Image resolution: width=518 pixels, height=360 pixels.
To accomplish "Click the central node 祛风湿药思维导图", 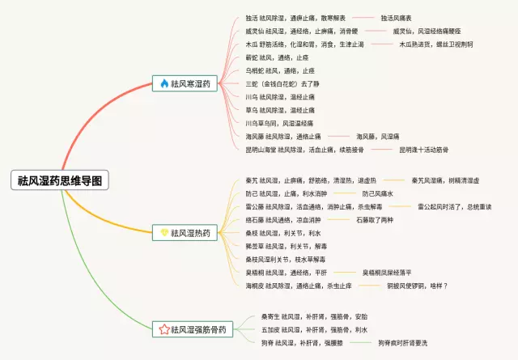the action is click(61, 180).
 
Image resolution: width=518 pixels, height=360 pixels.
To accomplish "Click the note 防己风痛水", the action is click(377, 194).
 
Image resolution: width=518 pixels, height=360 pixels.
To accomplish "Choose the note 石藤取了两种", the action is click(373, 220).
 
